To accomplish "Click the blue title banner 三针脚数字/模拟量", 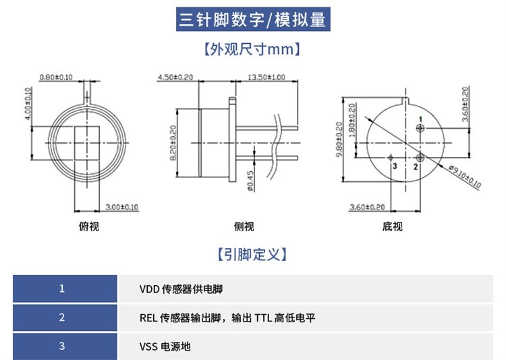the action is tap(252, 20).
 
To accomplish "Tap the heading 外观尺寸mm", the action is tap(252, 50).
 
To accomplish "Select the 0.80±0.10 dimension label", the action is tap(56, 78).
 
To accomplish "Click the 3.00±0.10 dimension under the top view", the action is tap(122, 207).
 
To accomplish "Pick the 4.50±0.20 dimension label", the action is tap(175, 78).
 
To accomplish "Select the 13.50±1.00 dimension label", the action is tap(266, 78).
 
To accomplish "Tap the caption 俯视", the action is tap(88, 227).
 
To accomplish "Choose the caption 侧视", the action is tap(244, 227).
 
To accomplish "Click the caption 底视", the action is tap(392, 227).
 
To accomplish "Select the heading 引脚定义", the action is tap(252, 254).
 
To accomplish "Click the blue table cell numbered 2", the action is tap(62, 318).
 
